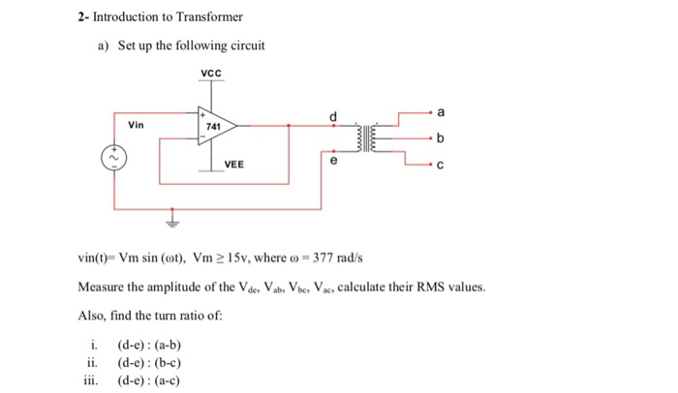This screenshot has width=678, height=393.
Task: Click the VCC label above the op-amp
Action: coord(211,75)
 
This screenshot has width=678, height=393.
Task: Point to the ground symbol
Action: coord(174,217)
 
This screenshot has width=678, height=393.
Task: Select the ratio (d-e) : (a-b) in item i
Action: coord(149,346)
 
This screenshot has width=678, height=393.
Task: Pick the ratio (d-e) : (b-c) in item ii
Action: coord(149,363)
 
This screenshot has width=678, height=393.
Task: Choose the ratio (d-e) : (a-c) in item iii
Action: coord(149,379)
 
